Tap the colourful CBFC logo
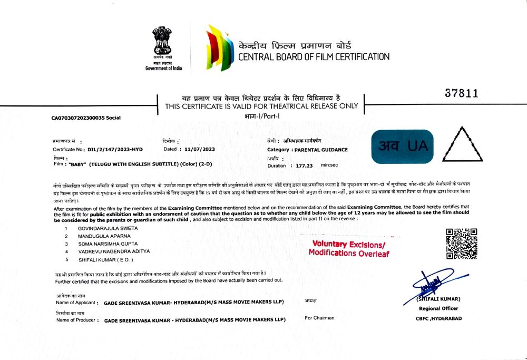[219, 48]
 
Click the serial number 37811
[461, 93]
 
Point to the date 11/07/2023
[200, 149]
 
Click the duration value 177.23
[305, 166]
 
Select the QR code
[462, 244]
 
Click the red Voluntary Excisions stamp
[348, 249]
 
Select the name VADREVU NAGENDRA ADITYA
[113, 251]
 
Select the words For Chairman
[319, 318]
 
